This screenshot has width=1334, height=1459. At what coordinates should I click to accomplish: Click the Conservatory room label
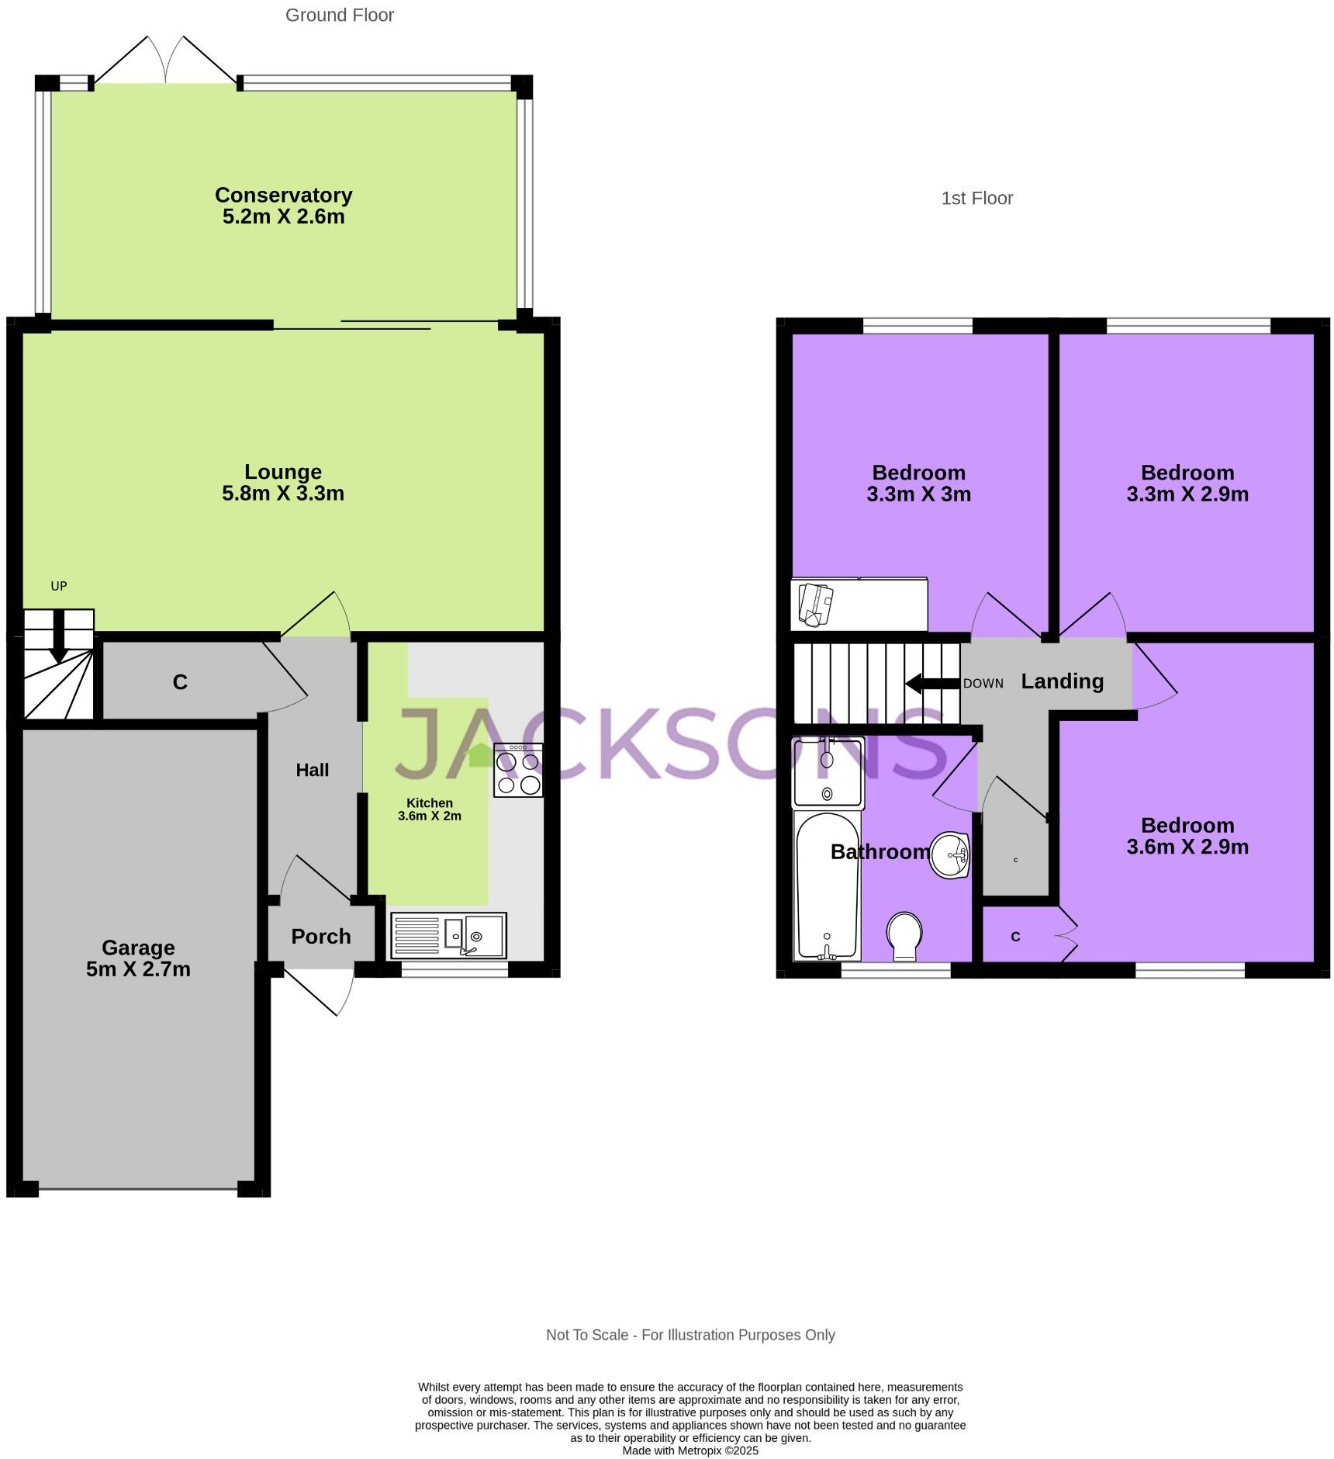click(x=283, y=195)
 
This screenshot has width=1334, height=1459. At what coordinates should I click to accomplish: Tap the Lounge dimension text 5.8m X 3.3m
click(x=283, y=494)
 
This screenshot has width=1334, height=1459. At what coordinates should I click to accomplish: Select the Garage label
click(x=138, y=948)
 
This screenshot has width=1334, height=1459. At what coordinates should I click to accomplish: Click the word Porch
click(x=320, y=937)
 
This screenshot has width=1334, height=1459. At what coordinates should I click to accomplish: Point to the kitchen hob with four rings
click(x=518, y=770)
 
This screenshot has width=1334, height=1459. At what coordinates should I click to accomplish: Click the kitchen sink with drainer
click(x=449, y=935)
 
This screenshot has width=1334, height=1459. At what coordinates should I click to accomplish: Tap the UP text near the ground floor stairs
click(x=59, y=586)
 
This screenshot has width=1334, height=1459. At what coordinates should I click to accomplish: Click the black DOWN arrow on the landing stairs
click(x=932, y=684)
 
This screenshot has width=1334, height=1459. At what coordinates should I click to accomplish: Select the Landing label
click(x=1062, y=681)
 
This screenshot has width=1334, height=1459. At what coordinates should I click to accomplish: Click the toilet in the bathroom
click(x=904, y=935)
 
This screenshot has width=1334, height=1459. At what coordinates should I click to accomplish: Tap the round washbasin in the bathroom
click(x=950, y=855)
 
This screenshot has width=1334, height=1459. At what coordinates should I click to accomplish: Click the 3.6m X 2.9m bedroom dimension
click(x=1187, y=847)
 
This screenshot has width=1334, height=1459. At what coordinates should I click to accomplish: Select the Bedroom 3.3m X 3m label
click(x=918, y=483)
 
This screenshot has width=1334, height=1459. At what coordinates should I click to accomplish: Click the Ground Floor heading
click(x=340, y=16)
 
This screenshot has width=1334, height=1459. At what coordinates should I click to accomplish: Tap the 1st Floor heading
click(x=976, y=199)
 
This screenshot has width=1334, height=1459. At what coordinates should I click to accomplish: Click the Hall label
click(x=313, y=770)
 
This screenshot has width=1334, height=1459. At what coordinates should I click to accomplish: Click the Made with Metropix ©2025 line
click(x=689, y=1450)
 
